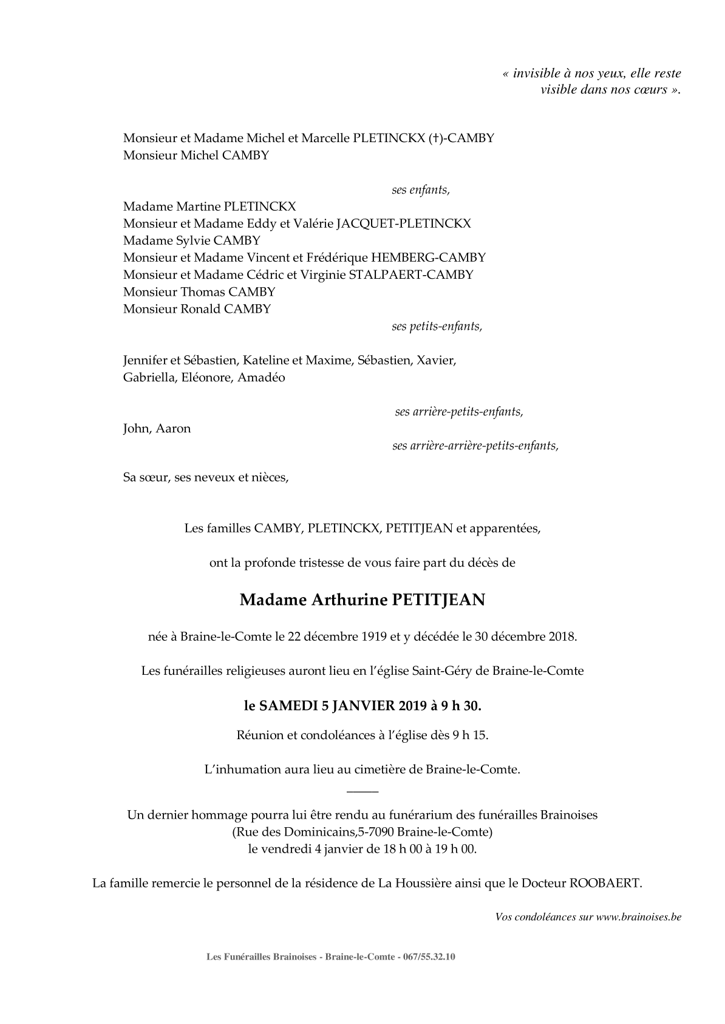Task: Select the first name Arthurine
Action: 348,600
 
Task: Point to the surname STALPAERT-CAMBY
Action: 411,275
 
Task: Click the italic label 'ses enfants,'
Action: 421,189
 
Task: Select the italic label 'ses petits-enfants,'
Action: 437,326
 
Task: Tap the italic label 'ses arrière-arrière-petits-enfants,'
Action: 475,446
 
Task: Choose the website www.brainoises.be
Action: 638,917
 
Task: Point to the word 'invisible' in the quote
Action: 536,73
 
